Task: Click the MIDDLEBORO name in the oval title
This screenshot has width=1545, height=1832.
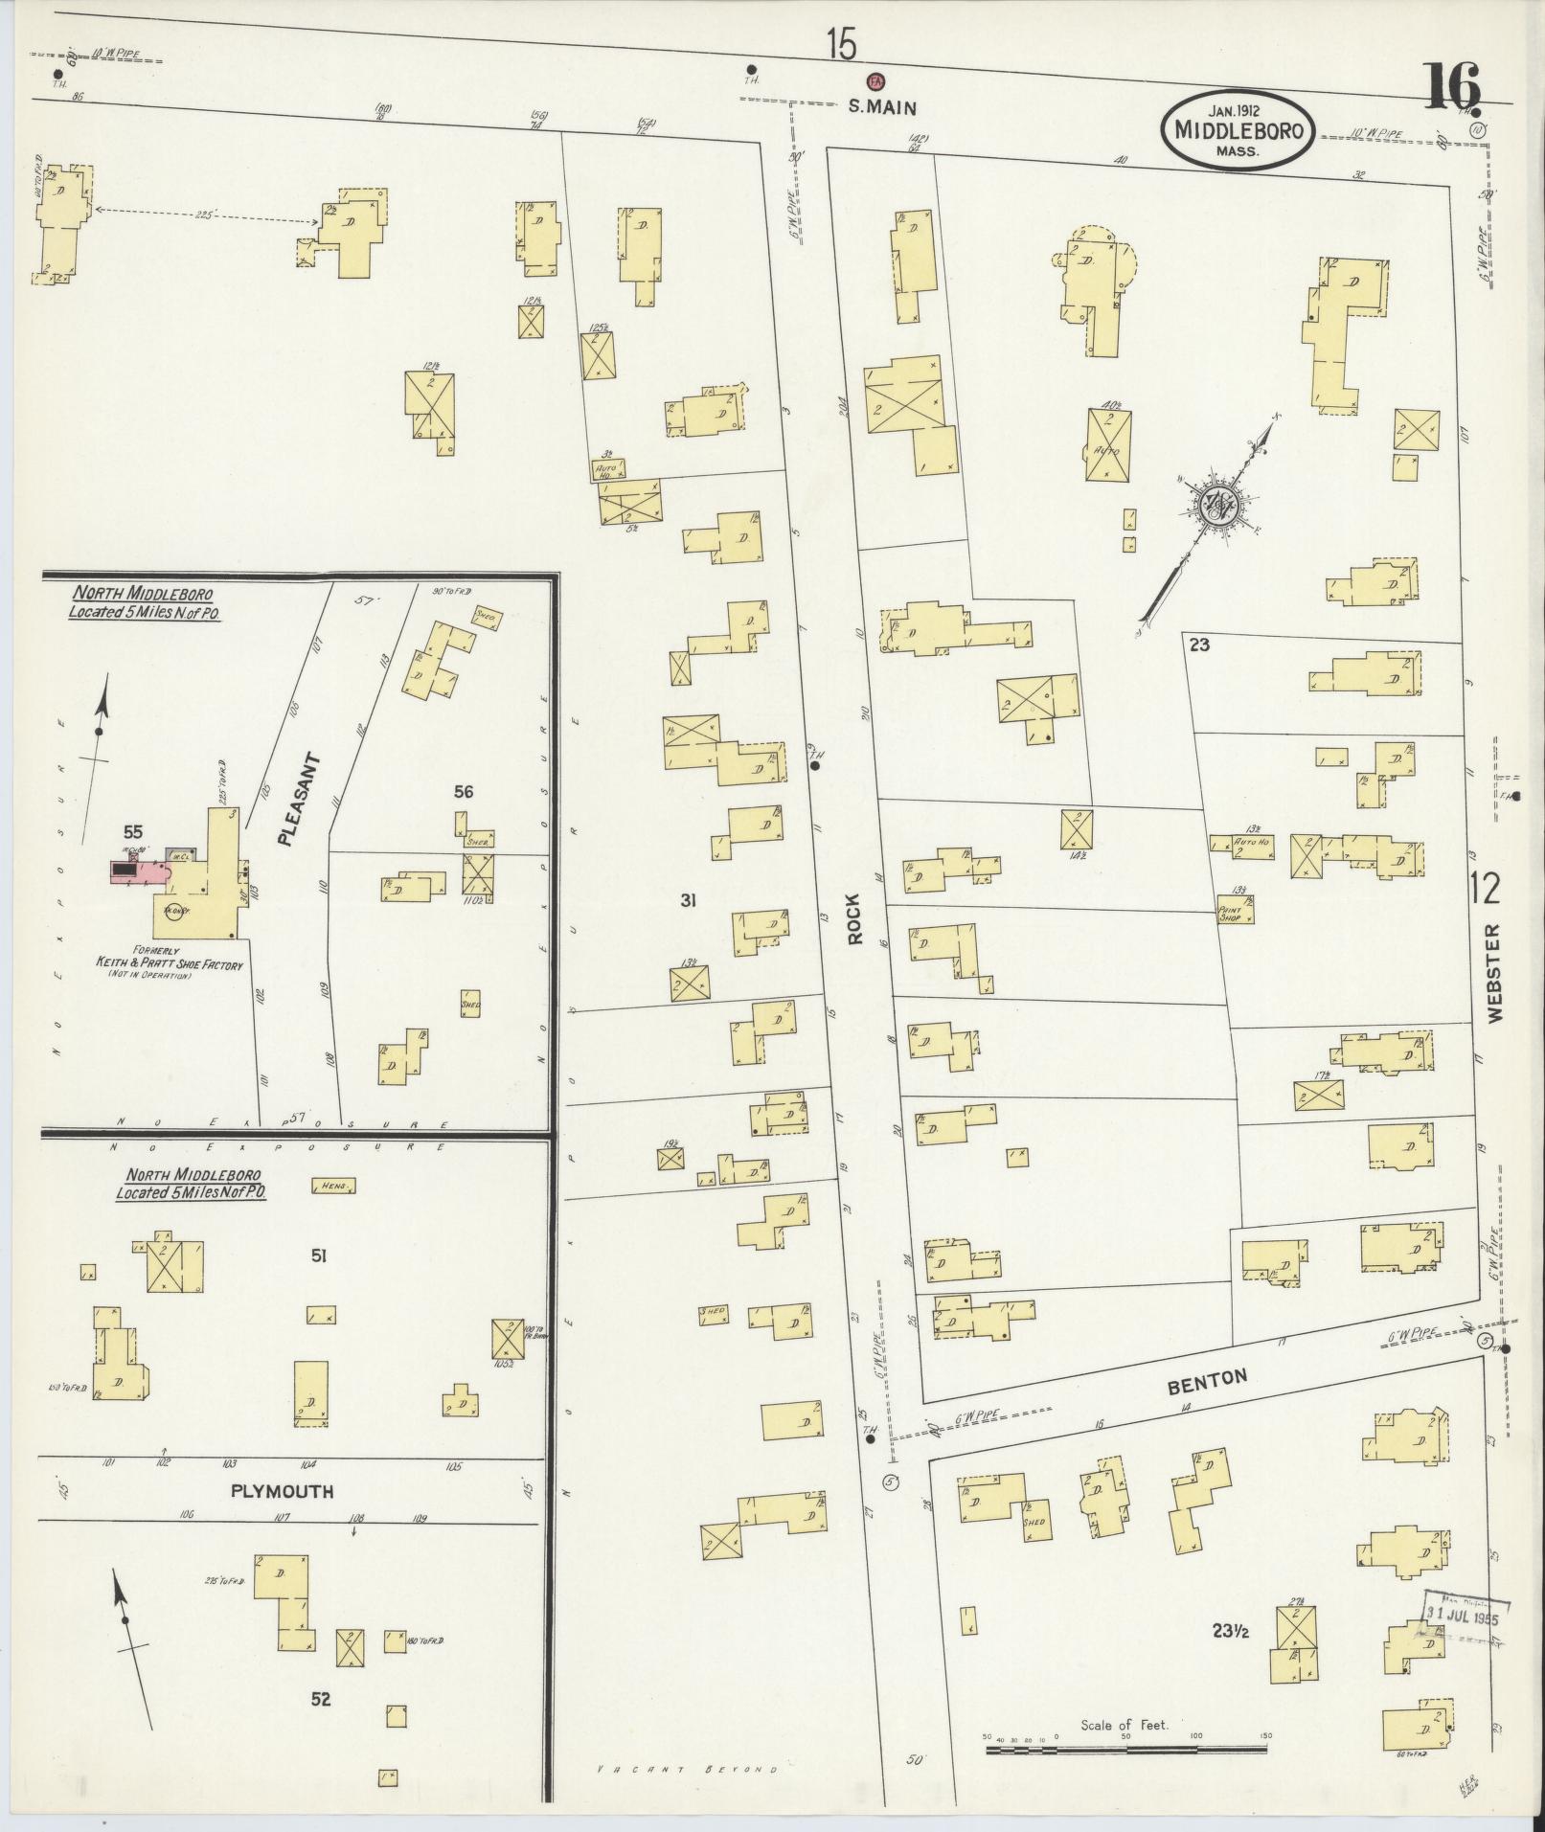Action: (1238, 130)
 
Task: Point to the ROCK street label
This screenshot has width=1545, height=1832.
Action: (854, 918)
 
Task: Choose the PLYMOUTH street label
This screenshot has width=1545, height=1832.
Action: (283, 1491)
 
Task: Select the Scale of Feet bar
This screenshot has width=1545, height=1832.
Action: (1126, 1750)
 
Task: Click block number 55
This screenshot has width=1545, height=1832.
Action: (135, 830)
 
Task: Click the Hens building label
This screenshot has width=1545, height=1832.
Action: (333, 1186)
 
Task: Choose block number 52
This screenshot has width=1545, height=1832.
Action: (321, 1699)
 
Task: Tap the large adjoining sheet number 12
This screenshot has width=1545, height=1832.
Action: (1487, 889)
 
